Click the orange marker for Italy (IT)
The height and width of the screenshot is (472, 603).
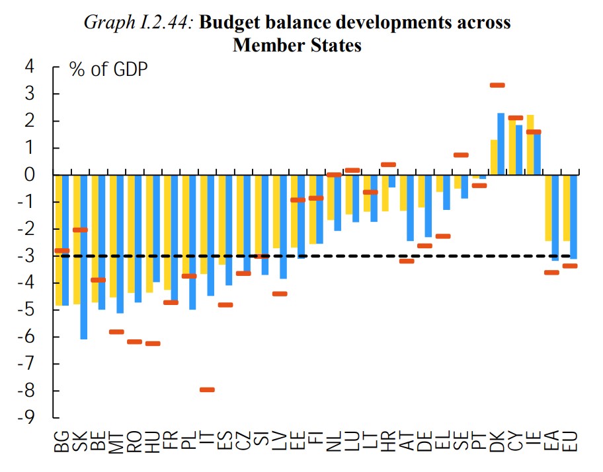point(207,389)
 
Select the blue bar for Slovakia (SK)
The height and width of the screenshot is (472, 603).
point(83,257)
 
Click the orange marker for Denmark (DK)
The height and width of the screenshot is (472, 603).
point(497,85)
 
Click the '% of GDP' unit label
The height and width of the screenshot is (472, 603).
point(108,70)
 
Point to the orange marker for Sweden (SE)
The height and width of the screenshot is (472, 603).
point(461,155)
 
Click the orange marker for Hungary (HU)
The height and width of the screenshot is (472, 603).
point(153,343)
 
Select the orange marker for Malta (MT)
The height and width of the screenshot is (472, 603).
point(116,331)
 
